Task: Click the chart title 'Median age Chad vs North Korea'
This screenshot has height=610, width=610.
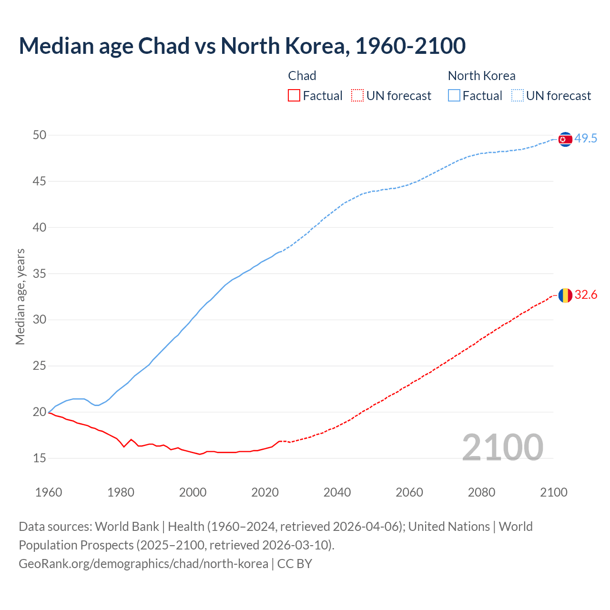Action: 242,46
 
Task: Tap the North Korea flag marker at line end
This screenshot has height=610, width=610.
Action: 565,139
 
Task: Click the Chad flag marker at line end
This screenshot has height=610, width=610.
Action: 565,295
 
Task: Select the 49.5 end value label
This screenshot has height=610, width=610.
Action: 586,139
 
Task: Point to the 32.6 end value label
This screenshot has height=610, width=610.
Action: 586,295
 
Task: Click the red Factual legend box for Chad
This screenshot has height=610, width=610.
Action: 294,96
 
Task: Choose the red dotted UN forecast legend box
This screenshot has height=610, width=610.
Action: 357,96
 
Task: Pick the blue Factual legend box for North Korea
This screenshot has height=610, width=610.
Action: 454,96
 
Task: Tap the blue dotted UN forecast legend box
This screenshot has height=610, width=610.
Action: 518,96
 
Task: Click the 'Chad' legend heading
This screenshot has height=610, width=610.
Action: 302,76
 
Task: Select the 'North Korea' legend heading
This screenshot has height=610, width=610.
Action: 481,76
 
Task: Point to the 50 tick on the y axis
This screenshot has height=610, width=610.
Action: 40,135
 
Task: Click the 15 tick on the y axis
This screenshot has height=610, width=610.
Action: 40,458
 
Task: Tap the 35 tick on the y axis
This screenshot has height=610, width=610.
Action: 40,274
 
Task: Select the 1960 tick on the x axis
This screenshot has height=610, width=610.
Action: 49,492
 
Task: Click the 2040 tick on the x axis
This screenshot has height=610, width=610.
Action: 337,492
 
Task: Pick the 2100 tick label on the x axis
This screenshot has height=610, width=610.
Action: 553,492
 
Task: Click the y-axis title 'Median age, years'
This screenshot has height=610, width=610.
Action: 20,296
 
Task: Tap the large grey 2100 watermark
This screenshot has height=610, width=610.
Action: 502,447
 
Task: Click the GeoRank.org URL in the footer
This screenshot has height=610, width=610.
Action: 143,564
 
